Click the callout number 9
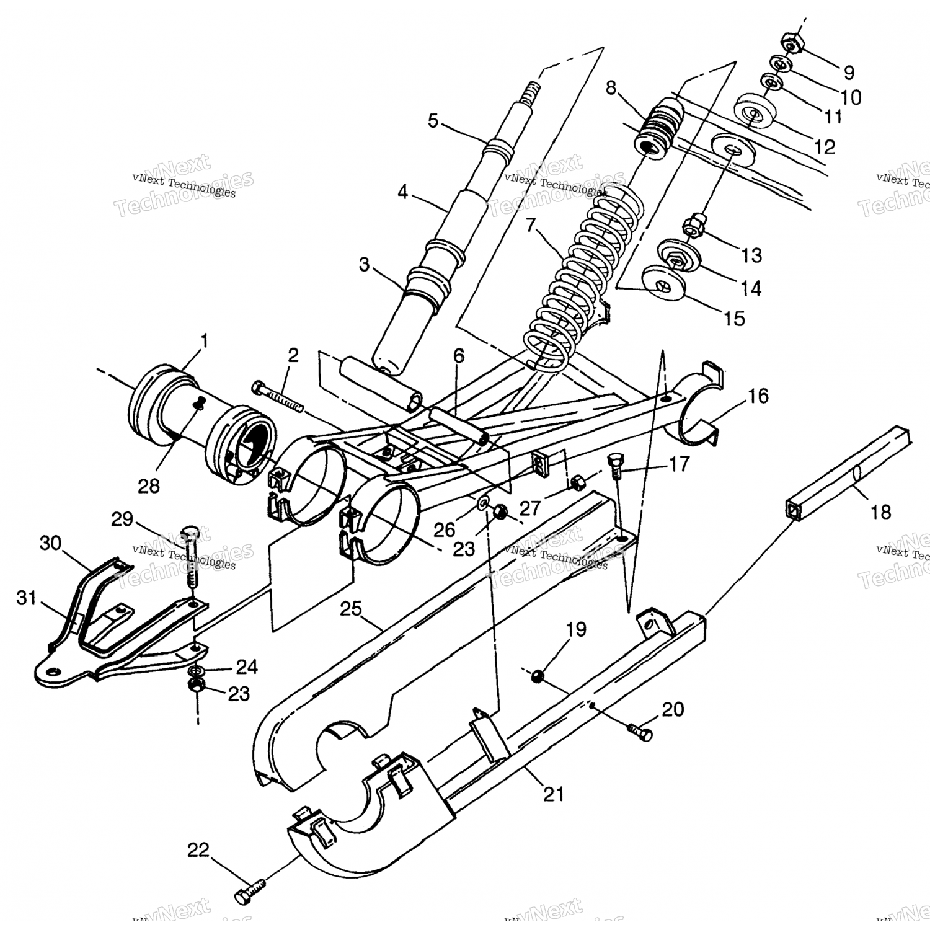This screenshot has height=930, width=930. pyautogui.click(x=849, y=73)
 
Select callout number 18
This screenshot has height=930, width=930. pyautogui.click(x=880, y=512)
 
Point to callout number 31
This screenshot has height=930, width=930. pyautogui.click(x=27, y=599)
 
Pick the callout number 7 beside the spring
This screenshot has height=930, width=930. pyautogui.click(x=530, y=226)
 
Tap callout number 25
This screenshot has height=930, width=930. pyautogui.click(x=350, y=609)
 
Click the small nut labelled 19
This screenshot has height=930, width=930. pyautogui.click(x=538, y=676)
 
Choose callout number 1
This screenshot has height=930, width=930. pyautogui.click(x=204, y=340)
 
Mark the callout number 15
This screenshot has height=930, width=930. pyautogui.click(x=734, y=319)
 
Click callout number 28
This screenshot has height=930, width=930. pyautogui.click(x=149, y=485)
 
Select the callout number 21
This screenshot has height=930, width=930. pyautogui.click(x=554, y=794)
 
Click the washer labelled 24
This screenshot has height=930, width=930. pyautogui.click(x=197, y=671)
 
